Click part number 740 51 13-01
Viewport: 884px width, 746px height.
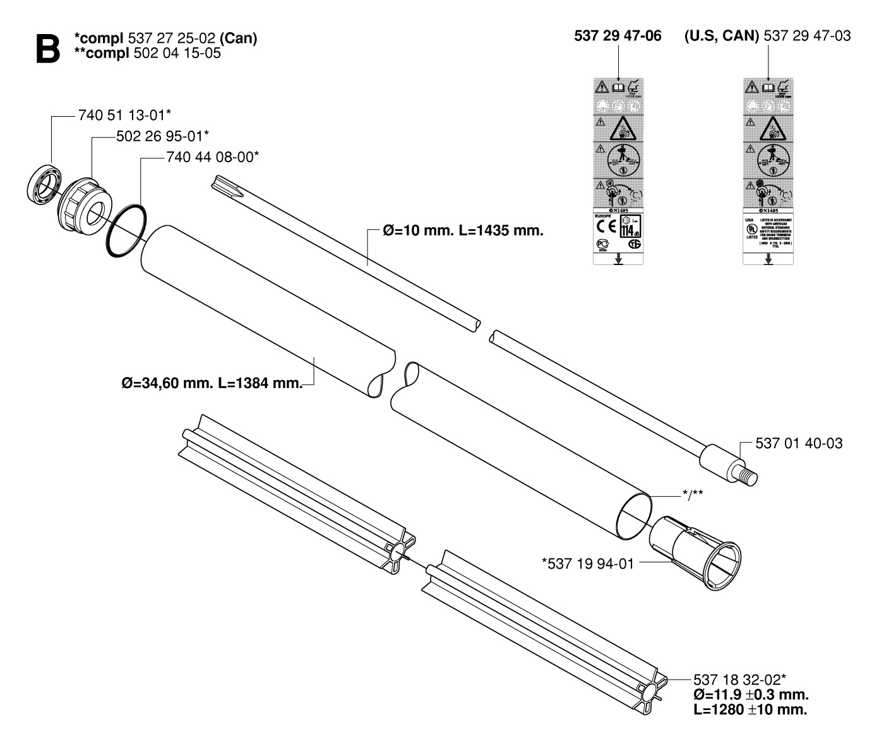point(124,115)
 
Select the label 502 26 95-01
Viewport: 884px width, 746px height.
point(162,136)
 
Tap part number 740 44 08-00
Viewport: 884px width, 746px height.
point(212,157)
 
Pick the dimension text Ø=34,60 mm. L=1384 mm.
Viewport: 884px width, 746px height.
point(212,383)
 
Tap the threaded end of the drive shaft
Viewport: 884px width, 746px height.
point(750,473)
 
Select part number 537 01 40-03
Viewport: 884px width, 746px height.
point(798,444)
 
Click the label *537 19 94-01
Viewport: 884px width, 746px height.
point(587,562)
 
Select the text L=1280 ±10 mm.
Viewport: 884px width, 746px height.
point(750,709)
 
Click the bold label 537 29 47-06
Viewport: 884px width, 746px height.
point(618,36)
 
